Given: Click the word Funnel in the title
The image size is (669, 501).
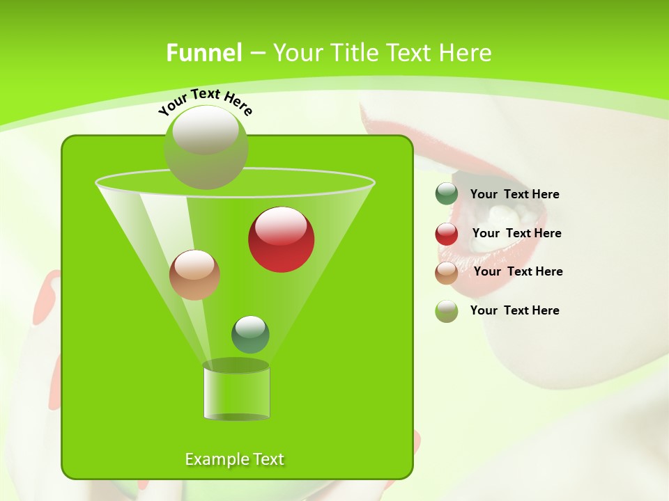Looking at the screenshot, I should [x=203, y=53].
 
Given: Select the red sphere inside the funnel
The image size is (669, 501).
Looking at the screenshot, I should [x=282, y=239].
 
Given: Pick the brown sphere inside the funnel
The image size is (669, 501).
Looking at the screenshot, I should [x=194, y=275].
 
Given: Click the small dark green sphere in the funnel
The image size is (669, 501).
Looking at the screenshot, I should [x=250, y=334].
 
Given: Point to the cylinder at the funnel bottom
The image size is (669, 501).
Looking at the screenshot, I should [x=236, y=391].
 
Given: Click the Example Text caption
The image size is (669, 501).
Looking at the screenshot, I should [x=235, y=459].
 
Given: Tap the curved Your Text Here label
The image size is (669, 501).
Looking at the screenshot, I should [x=205, y=101].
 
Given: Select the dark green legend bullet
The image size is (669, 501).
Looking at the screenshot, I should [x=447, y=194].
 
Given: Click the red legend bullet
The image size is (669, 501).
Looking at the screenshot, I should [x=447, y=233].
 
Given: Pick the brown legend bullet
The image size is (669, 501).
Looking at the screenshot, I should [x=447, y=272].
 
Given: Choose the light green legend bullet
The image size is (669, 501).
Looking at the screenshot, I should [x=447, y=311].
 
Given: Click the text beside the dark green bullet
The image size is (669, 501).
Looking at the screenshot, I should [x=514, y=194].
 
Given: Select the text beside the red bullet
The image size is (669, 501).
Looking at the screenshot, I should [x=516, y=233].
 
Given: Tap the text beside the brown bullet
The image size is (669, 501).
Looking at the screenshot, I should [x=518, y=271].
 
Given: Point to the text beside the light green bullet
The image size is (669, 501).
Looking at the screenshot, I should [x=514, y=310].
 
